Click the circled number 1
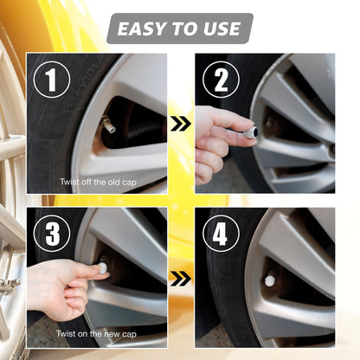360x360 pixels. (52, 80)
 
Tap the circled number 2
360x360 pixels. (221, 80)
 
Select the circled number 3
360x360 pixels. (52, 235)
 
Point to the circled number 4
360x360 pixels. (221, 235)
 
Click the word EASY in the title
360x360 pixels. (142, 29)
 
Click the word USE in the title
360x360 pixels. (221, 29)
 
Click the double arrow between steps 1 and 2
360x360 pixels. (180, 125)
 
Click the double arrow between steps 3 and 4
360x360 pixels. (180, 278)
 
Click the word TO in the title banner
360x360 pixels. (183, 29)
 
